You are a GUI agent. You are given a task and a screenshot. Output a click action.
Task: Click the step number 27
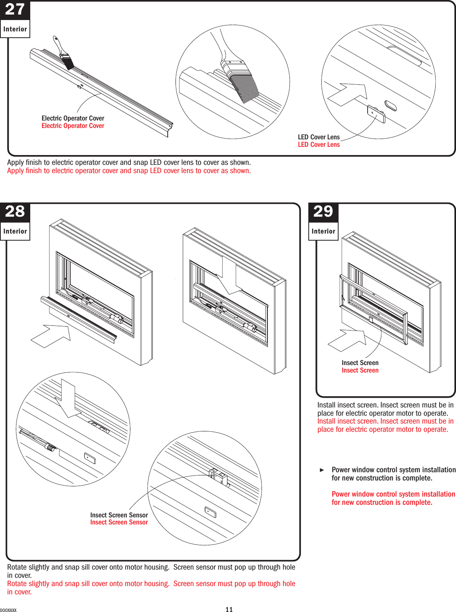coord(15,9)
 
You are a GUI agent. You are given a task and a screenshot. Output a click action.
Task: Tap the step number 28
coord(15,212)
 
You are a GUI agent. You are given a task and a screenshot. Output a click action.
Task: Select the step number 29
coord(323,212)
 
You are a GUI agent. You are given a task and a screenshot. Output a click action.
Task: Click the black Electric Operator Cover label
coord(73,118)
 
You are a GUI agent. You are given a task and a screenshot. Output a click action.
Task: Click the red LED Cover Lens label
coord(319,144)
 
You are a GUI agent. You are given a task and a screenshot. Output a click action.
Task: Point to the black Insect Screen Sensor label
coord(119,515)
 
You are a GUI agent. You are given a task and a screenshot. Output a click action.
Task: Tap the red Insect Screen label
coord(360,370)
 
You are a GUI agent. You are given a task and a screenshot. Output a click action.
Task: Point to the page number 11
coord(229,609)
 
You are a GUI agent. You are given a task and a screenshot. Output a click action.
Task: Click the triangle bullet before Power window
coord(322,470)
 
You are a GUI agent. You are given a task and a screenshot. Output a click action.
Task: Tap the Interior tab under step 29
coord(323,232)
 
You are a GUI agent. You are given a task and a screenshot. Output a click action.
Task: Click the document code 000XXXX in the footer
coord(8,610)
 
